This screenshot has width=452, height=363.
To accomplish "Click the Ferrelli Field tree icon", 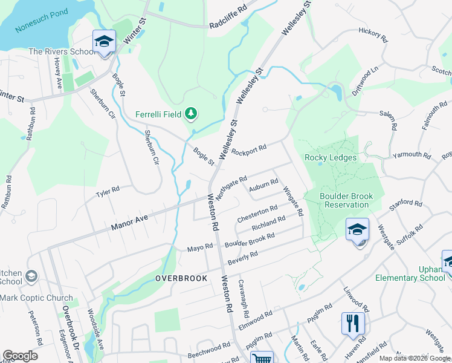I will (x=191, y=113).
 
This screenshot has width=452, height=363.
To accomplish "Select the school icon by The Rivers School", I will (x=104, y=42).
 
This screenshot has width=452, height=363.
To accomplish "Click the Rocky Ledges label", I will (x=331, y=158).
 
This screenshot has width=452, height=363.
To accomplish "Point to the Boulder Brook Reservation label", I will (x=338, y=200).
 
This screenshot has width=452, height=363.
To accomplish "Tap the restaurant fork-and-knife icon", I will (x=352, y=322).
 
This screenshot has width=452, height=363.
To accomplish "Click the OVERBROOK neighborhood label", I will (x=181, y=278).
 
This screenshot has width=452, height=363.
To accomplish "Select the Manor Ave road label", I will (x=129, y=221).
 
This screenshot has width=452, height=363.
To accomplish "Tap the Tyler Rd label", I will (x=108, y=192).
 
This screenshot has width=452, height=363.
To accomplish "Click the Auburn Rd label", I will (x=263, y=182).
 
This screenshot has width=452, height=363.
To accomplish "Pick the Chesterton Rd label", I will (x=257, y=213).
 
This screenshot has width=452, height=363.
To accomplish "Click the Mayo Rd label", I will (x=200, y=247).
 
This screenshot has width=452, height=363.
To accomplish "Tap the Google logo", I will (x=20, y=356).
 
